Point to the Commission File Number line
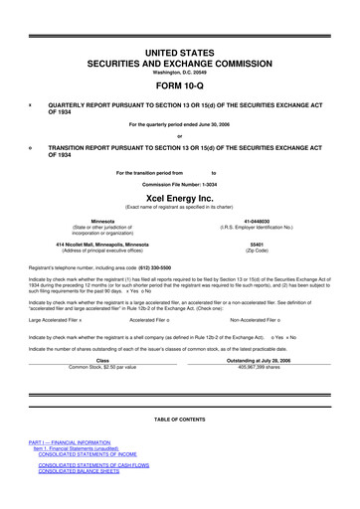(x=179, y=184)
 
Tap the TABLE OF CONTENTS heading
(x=179, y=421)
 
